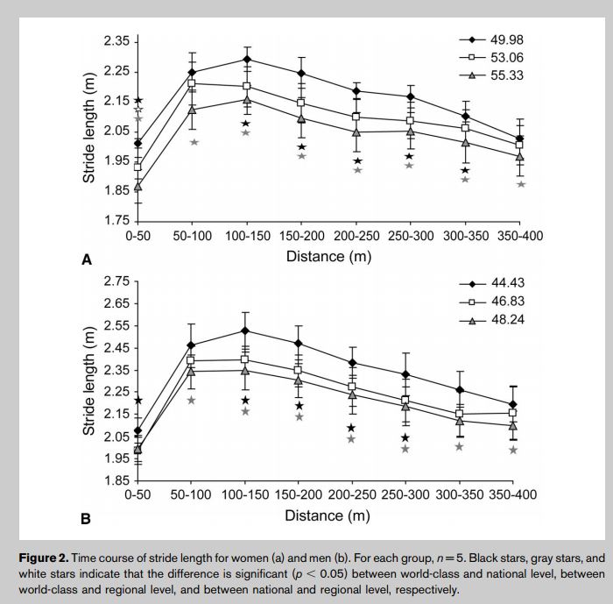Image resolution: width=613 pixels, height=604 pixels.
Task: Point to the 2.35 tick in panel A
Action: coord(116,42)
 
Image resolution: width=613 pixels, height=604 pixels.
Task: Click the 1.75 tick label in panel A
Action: coord(116,219)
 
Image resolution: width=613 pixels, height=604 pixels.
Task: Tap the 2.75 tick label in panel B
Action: coord(116,281)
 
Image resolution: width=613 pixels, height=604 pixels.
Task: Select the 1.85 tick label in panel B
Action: coord(116,480)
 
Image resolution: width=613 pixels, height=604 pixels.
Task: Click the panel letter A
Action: coord(86,259)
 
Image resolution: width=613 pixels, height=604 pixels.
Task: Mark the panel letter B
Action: coord(86,519)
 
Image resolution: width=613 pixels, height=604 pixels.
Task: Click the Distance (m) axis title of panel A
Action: coord(328,257)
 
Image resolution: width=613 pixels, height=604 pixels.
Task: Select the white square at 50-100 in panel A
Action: coord(192,83)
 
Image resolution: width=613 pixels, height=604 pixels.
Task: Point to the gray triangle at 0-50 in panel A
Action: coord(137,187)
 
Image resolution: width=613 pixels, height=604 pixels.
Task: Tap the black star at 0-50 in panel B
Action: coord(137,401)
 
